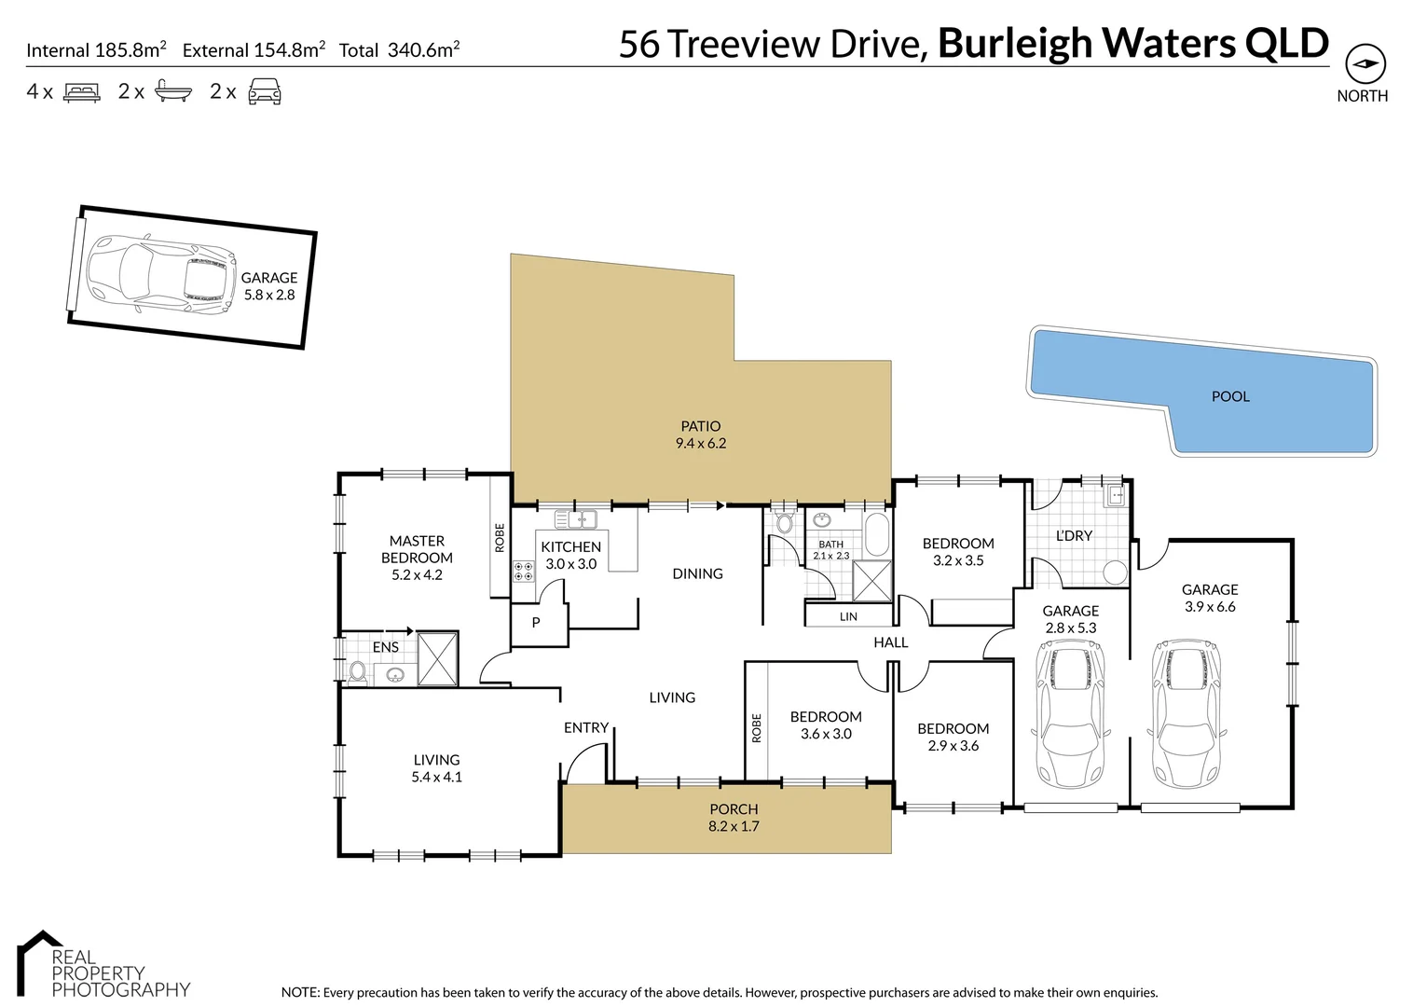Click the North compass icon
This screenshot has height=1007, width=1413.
tap(1365, 64)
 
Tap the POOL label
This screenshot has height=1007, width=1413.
tap(1229, 396)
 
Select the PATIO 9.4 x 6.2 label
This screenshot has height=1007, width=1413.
tap(701, 435)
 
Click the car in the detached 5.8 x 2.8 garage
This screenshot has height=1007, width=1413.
tap(159, 274)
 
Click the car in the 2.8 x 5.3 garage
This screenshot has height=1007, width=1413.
tap(1070, 713)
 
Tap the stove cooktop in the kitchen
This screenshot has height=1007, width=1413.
tap(523, 571)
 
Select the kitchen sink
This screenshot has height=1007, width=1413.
tap(575, 519)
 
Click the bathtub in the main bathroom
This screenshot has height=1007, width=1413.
tap(877, 534)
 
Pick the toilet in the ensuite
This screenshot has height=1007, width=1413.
tap(358, 670)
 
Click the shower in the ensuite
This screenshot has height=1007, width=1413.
tap(437, 659)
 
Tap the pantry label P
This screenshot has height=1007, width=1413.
tap(536, 622)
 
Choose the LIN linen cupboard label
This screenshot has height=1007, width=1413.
tap(848, 616)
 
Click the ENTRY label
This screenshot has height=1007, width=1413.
tap(585, 727)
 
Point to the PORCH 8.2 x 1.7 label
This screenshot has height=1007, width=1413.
tap(734, 818)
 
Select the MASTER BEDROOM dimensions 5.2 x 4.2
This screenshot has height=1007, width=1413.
tap(417, 574)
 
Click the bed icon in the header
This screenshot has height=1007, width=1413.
tap(81, 91)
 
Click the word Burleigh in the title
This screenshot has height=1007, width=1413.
tap(1014, 43)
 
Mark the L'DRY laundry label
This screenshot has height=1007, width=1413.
tap(1074, 535)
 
